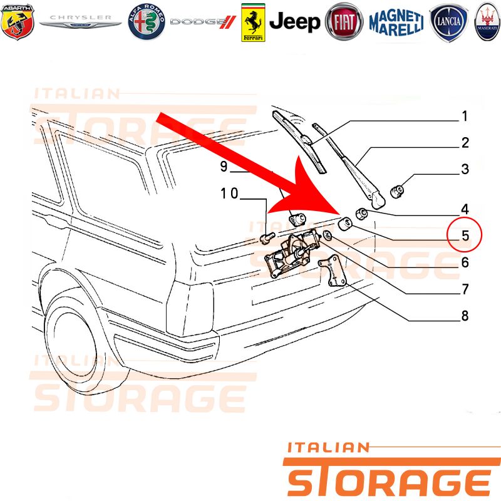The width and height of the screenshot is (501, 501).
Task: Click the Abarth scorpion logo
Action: (x=18, y=22)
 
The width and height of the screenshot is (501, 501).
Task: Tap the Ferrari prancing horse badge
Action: (x=253, y=23)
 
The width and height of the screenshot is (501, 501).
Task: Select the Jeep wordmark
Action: (x=294, y=22)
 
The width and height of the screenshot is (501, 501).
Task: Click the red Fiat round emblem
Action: (x=344, y=22)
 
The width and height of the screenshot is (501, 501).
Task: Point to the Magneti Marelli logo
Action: (x=396, y=23)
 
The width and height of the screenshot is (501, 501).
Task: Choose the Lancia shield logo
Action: (x=448, y=23)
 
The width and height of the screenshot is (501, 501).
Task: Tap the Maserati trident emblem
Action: (x=487, y=22)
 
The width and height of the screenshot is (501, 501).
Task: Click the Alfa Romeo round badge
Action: (x=147, y=22)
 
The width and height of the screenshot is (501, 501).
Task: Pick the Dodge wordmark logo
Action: (x=203, y=22)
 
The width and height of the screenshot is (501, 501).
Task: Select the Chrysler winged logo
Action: (x=80, y=22)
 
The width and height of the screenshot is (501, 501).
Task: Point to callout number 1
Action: (x=465, y=116)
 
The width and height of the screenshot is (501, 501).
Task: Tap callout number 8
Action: (x=465, y=316)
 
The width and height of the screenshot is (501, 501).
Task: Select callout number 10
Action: (x=229, y=194)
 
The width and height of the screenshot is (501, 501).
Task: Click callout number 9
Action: (x=224, y=166)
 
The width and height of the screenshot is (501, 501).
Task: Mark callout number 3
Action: (x=465, y=169)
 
